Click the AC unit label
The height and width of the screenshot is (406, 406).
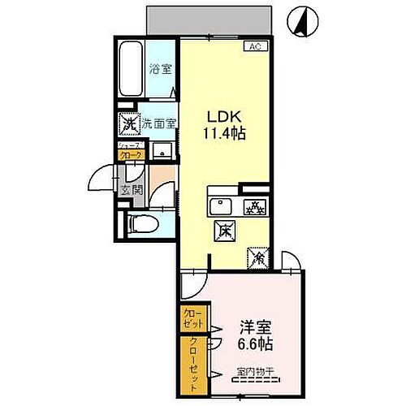(x=253, y=46)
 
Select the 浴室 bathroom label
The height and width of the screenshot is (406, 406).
(x=160, y=71)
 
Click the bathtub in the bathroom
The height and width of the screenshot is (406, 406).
(x=132, y=71)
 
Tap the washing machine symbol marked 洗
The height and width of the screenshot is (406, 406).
(x=128, y=124)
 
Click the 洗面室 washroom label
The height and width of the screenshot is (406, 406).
(x=158, y=124)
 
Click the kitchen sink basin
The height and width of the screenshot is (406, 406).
(x=222, y=205)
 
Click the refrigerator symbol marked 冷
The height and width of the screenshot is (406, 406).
(x=259, y=257)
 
